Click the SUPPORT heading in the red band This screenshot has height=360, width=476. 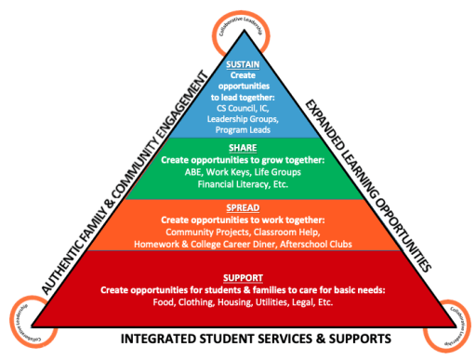click(x=243, y=276)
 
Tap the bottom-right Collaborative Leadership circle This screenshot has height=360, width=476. click(x=456, y=321)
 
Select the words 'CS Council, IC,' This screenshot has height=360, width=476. click(x=242, y=108)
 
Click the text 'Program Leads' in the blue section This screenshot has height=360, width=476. click(x=242, y=129)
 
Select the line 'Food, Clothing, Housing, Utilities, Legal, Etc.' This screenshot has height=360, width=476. click(x=242, y=301)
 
